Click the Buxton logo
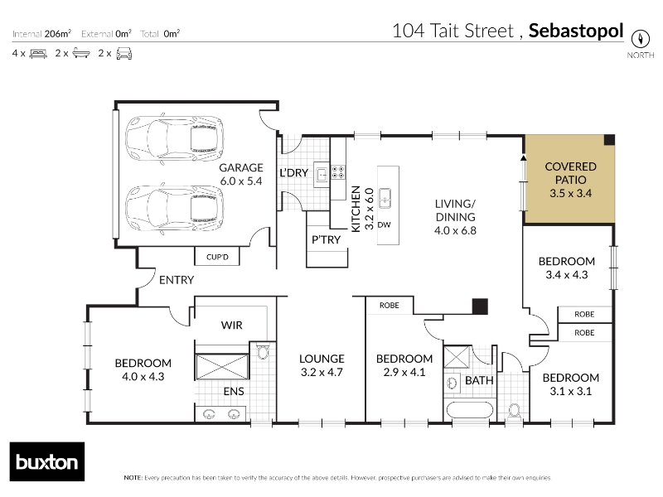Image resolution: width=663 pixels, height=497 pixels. click(47, 461)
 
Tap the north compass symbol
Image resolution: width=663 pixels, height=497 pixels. click(640, 39)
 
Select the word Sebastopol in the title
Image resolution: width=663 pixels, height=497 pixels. click(576, 31)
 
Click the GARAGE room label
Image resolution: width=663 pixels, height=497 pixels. click(241, 168)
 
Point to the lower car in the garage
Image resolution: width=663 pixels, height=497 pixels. click(174, 209)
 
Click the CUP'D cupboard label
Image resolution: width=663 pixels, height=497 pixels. click(217, 257)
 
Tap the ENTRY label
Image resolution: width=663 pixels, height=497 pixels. click(177, 280)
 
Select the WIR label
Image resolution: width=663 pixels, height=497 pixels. click(232, 325)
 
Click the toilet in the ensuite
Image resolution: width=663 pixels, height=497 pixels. click(263, 351)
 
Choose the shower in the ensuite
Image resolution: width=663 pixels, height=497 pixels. click(222, 367)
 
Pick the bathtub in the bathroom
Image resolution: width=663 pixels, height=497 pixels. click(470, 410)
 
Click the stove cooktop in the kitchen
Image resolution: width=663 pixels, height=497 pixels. click(338, 172)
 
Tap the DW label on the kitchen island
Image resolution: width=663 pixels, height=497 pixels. click(384, 224)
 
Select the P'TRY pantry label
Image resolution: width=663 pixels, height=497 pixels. click(326, 239)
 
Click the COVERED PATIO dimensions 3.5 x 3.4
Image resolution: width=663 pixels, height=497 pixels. click(570, 193)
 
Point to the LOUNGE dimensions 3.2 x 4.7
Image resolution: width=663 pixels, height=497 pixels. click(322, 372)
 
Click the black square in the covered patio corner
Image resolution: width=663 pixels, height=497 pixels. click(609, 140)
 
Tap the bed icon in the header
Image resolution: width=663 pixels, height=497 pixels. click(38, 54)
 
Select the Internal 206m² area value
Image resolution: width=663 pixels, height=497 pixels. click(57, 33)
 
